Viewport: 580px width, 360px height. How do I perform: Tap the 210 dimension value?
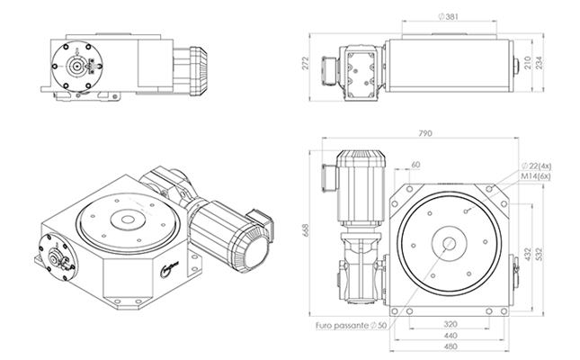(527, 63)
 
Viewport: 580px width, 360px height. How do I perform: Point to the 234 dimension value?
(542, 63)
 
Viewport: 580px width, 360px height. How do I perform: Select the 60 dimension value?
(415, 164)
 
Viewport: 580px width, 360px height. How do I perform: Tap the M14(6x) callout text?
(538, 178)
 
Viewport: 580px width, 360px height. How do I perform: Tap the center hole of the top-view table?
(448, 243)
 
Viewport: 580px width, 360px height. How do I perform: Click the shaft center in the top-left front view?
(77, 64)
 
